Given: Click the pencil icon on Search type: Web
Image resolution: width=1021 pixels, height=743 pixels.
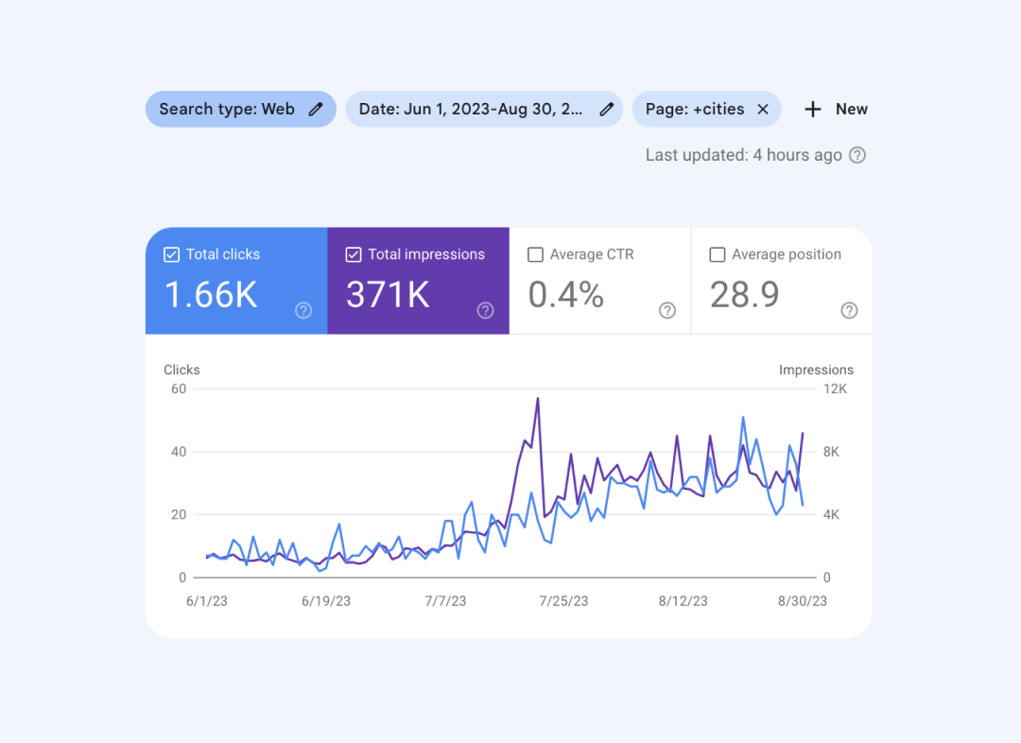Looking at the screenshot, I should [316, 109].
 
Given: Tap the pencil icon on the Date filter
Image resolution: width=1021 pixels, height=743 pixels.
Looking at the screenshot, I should [607, 109].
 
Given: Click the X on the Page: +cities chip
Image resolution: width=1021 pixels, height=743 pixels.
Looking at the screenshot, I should [763, 109].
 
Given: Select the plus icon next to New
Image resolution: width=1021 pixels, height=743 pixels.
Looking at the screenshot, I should [813, 109].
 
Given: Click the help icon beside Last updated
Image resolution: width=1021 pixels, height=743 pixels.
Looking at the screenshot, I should [857, 155].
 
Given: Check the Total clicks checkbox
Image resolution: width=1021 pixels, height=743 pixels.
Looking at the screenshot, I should [171, 254].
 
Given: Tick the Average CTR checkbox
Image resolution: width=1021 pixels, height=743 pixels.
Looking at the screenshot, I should [535, 254].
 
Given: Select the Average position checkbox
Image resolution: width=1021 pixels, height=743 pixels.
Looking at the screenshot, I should [717, 254].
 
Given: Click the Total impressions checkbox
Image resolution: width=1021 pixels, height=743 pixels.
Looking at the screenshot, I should [354, 254].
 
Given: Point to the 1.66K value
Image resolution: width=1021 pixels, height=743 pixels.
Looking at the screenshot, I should [211, 295].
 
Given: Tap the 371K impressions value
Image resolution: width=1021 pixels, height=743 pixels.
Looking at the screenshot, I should [388, 295].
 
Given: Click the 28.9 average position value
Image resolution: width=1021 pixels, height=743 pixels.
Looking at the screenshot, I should [745, 295].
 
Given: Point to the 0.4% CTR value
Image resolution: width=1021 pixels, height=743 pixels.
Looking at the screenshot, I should [565, 295].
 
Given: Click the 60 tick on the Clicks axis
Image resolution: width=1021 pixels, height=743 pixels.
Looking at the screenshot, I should [178, 389].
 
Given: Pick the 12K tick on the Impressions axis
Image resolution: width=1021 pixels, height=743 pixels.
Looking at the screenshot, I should [836, 389].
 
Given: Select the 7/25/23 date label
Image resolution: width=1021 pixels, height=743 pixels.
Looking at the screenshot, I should [563, 601].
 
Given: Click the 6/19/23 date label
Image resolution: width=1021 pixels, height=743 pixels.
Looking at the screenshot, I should [326, 601].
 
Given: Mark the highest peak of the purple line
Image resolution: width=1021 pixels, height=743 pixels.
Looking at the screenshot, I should [538, 398].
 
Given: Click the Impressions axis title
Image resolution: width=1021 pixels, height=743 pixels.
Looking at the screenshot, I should [816, 370].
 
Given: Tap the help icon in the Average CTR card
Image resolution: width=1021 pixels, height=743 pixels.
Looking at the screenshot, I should [667, 310].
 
